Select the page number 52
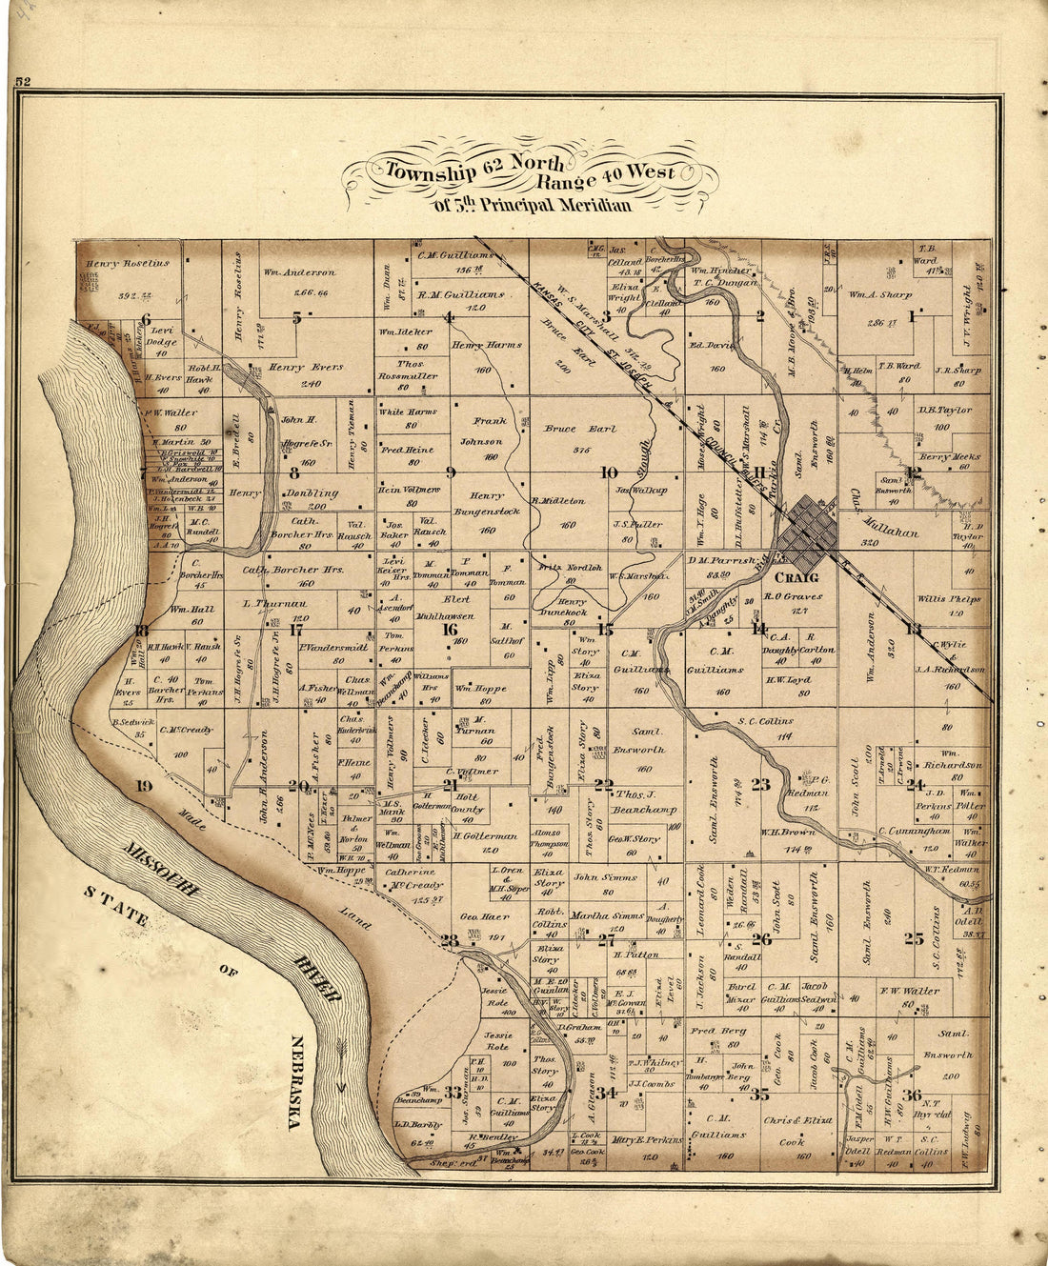[x=23, y=83]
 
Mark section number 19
[x=144, y=786]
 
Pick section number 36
[x=913, y=1095]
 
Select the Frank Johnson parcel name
[x=480, y=431]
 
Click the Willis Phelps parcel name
[x=949, y=599]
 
